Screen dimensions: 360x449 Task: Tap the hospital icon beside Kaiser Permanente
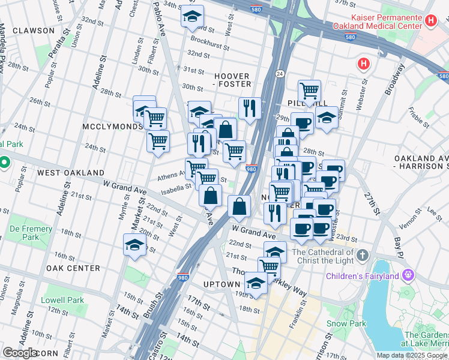coord(430,21)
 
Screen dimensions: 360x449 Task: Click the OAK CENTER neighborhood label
coord(73,268)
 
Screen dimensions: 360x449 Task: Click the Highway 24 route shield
coord(280,74)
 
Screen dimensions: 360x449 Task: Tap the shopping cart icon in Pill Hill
coord(309,91)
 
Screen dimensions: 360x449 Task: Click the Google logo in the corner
coord(20,353)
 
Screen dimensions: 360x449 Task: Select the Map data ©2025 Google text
coord(411,355)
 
